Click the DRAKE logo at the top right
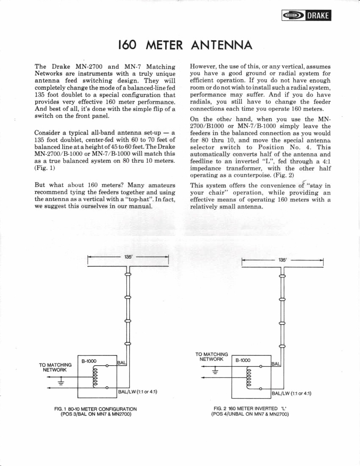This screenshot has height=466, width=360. point(306,16)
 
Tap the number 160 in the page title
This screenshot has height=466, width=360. point(128,45)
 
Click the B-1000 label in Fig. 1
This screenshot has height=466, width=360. point(89,361)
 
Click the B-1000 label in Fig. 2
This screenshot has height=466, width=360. point(243,361)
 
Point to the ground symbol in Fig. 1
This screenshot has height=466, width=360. point(61,383)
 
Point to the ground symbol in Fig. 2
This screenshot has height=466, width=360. point(215,372)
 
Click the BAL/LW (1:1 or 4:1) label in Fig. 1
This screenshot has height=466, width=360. point(138,391)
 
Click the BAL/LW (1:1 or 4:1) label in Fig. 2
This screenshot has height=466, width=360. point(292,393)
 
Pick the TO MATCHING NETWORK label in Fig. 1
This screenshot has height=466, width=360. point(55,367)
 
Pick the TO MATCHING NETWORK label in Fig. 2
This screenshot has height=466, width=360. point(211,357)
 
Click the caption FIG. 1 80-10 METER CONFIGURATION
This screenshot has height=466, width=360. point(96,409)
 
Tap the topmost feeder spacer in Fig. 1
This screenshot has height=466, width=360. point(127,275)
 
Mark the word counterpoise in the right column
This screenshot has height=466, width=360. point(241,175)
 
